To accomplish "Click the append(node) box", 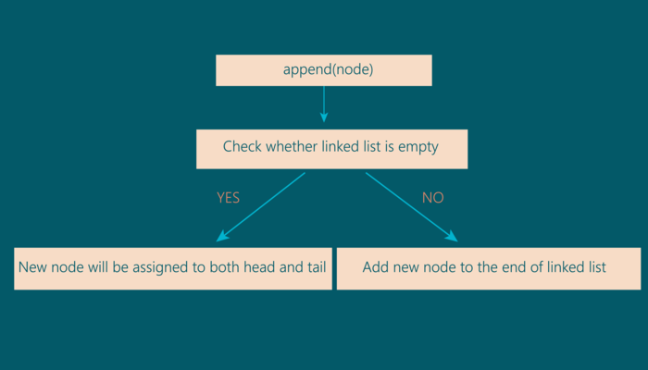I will [x=323, y=70].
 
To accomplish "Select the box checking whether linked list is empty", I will [x=331, y=148].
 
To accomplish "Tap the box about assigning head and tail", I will [x=173, y=268].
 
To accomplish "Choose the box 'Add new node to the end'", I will [x=488, y=268].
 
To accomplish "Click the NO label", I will [x=433, y=198].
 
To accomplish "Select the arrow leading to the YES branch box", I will [x=261, y=206].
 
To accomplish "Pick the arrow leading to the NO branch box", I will [x=411, y=206].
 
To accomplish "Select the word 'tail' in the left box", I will [x=314, y=267].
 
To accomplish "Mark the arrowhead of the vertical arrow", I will [x=324, y=117].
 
